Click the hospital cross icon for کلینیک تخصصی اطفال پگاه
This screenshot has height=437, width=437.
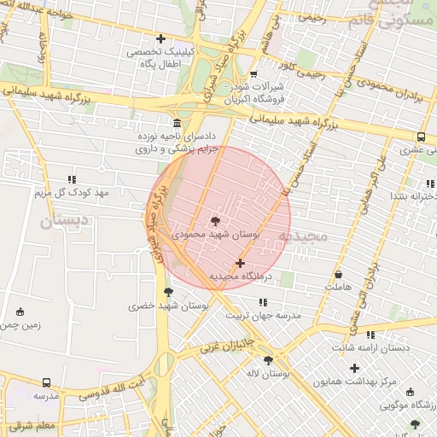[161, 38]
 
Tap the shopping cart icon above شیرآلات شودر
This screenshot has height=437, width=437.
[253, 73]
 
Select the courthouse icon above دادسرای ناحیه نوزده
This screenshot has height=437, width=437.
[177, 123]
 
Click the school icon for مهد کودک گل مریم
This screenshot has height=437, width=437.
[72, 180]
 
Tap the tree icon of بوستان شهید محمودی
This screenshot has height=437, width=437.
[214, 220]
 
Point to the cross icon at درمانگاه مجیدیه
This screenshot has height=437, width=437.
[240, 264]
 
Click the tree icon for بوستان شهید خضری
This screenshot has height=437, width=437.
[167, 292]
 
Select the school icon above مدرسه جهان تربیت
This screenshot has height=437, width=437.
[263, 302]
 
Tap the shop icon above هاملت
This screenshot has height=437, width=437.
[339, 275]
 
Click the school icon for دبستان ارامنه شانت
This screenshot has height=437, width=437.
[370, 335]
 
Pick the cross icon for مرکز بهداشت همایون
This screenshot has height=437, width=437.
[341, 368]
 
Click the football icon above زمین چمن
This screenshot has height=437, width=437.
[20, 312]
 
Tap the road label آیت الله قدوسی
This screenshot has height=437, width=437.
[111, 390]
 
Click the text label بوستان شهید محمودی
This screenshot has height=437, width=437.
[216, 233]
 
